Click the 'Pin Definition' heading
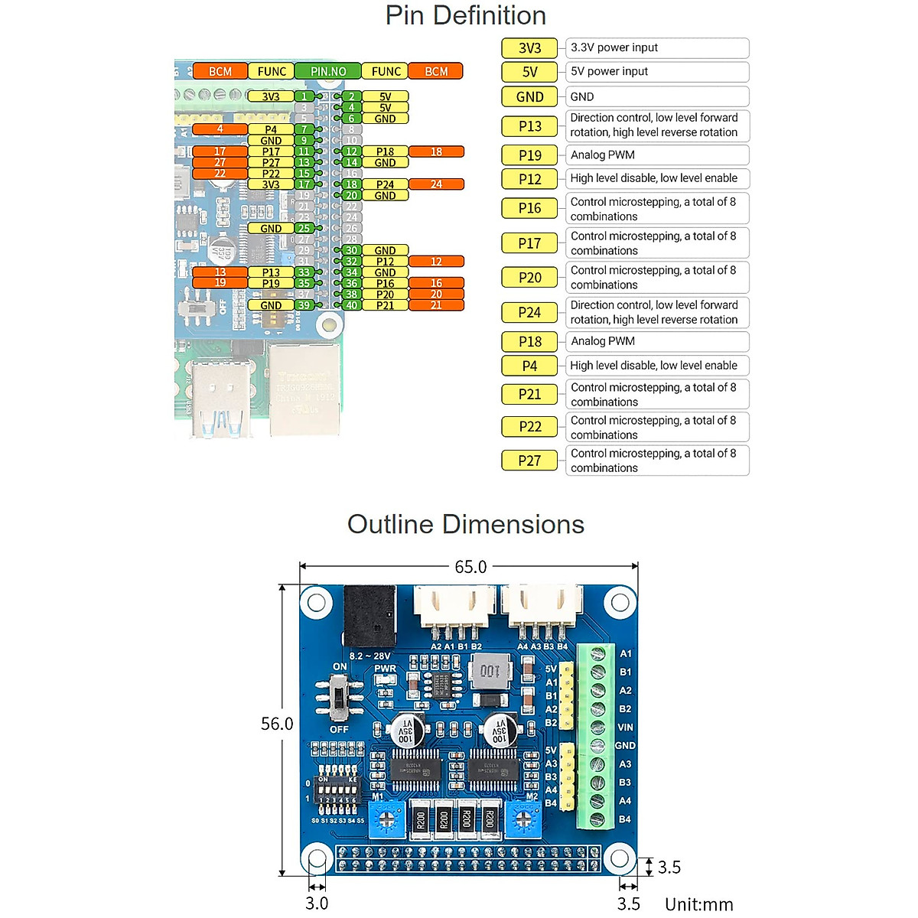tap(465, 15)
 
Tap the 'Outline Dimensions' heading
tap(465, 524)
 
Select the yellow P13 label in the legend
tap(529, 126)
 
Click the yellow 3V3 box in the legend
tap(529, 48)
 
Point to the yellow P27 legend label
tap(529, 461)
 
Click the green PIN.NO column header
tap(327, 71)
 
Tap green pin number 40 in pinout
tap(351, 305)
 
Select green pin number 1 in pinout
tap(304, 96)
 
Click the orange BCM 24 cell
tap(436, 184)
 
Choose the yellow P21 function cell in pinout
tap(385, 305)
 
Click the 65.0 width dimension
tap(470, 567)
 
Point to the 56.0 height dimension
tap(277, 724)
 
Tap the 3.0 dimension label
tap(317, 903)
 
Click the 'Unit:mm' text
tap(698, 904)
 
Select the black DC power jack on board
tap(369, 616)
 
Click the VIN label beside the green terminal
tap(625, 728)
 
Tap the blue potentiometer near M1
tap(386, 822)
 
